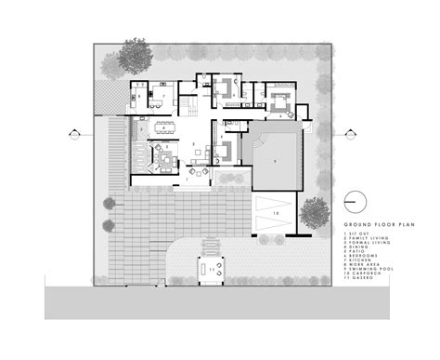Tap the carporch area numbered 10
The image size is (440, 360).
[x=275, y=212]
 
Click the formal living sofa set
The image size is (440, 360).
[x=159, y=155]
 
